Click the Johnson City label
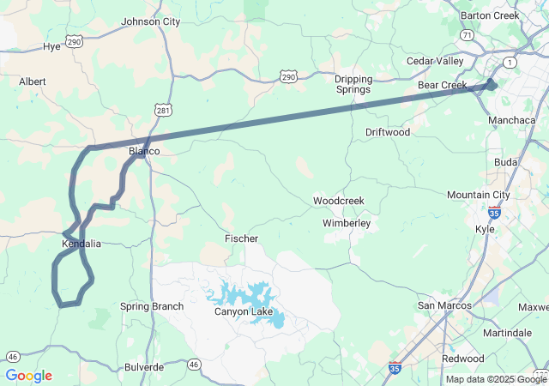click(x=151, y=21)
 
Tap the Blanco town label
click(x=144, y=151)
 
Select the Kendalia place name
click(x=81, y=244)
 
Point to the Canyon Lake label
click(x=244, y=311)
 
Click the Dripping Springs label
click(x=353, y=84)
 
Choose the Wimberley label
click(x=347, y=223)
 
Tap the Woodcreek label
click(x=338, y=201)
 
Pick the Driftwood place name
click(x=388, y=132)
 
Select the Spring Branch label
click(x=153, y=306)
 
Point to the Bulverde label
click(x=143, y=366)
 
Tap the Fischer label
click(x=241, y=238)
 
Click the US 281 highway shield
click(x=164, y=111)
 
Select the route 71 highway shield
click(x=467, y=35)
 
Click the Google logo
click(x=28, y=376)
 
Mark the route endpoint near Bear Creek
click(x=492, y=83)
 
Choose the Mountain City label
click(x=478, y=195)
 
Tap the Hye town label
click(x=51, y=46)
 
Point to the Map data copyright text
click(x=495, y=379)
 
